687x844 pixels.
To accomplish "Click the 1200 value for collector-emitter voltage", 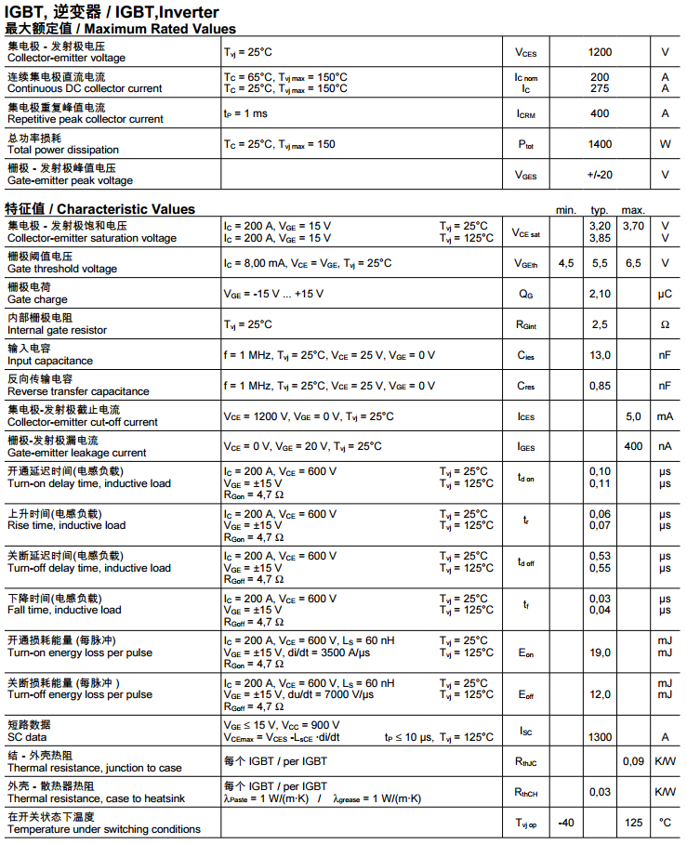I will point(600,52).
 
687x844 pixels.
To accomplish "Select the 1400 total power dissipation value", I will point(600,144).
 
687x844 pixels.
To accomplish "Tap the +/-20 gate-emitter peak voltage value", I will point(600,175).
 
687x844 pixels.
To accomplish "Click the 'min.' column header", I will point(566,210).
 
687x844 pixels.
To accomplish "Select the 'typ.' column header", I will point(600,210).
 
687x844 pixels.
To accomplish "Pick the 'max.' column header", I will point(633,210).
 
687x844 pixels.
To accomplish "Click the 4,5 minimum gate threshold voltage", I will point(566,263).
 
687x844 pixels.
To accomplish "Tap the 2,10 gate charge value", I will point(600,294).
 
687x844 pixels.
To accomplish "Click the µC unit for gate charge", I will point(665,294).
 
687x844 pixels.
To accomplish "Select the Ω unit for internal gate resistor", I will point(665,324).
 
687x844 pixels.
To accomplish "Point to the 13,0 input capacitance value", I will point(600,355).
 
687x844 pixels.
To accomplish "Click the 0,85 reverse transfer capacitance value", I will point(600,386).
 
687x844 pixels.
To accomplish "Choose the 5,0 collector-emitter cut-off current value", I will point(633,416).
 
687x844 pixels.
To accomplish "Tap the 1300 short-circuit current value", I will point(600,737).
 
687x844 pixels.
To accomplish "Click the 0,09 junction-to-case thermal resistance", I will point(633,761).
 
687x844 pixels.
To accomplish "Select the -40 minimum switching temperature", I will point(566,823).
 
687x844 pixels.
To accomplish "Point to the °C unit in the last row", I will point(665,823).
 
